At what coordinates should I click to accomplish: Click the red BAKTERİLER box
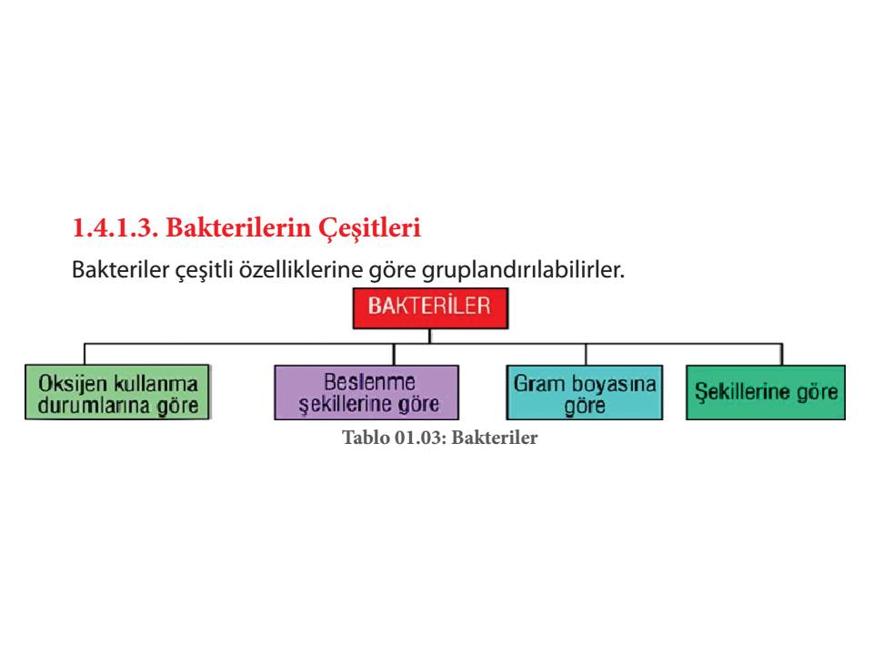(x=430, y=308)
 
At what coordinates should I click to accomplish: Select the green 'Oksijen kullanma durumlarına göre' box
(x=117, y=392)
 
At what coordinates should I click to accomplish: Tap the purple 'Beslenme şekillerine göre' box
(x=366, y=392)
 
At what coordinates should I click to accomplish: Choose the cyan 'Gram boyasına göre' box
(x=585, y=392)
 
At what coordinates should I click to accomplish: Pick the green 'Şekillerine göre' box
(x=766, y=392)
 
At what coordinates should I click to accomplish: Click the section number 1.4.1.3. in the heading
(x=115, y=227)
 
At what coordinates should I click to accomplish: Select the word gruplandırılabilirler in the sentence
(x=524, y=271)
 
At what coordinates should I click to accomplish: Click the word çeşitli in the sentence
(x=203, y=271)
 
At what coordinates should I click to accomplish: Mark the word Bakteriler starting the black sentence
(x=120, y=269)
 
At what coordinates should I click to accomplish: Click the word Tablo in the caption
(x=366, y=438)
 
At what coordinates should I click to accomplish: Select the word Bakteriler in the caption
(x=495, y=438)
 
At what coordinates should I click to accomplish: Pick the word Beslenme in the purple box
(x=370, y=382)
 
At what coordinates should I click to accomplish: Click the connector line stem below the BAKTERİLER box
(x=430, y=336)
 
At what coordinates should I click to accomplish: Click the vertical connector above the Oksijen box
(x=85, y=354)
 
